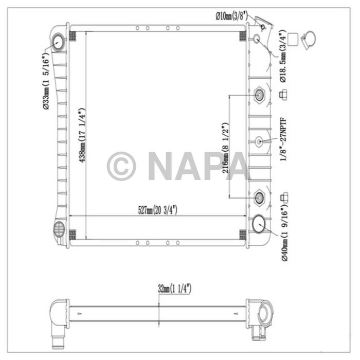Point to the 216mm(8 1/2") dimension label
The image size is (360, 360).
point(224,150)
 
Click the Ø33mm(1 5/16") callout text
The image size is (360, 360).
point(46,82)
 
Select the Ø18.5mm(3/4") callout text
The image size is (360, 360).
point(283,57)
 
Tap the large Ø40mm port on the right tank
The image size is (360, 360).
point(260,224)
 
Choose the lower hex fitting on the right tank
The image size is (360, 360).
point(259,196)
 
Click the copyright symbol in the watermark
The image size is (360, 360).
point(121,166)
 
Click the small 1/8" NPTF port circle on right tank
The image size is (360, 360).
point(259,142)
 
